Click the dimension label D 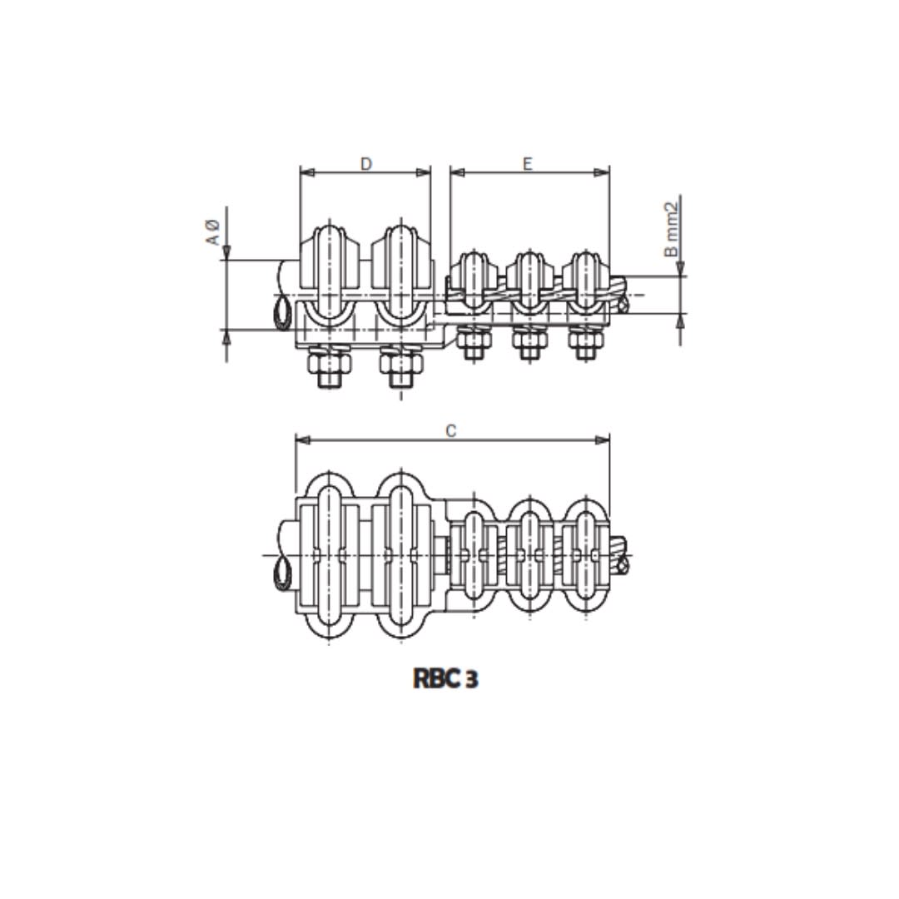pyautogui.click(x=366, y=164)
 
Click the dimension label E pyautogui.click(x=527, y=164)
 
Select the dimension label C pyautogui.click(x=451, y=430)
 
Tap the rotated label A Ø pyautogui.click(x=213, y=231)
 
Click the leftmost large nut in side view pyautogui.click(x=330, y=367)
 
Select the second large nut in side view pyautogui.click(x=401, y=367)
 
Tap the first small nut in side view pyautogui.click(x=473, y=342)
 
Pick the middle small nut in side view pyautogui.click(x=529, y=342)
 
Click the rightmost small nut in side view pyautogui.click(x=585, y=342)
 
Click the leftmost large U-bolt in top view pyautogui.click(x=330, y=554)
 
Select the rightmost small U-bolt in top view pyautogui.click(x=586, y=554)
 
